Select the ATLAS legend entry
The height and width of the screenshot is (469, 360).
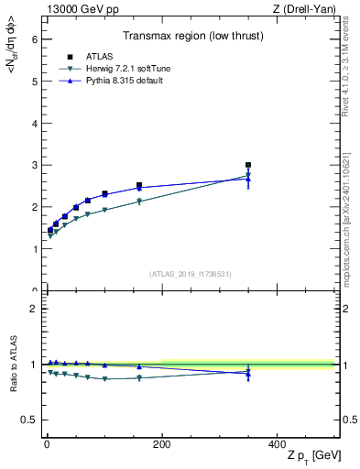pos(97,57)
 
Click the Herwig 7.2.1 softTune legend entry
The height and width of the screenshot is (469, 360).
pos(115,69)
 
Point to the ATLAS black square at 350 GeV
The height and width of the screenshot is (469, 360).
pos(248,165)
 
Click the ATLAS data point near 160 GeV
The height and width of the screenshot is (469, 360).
pos(139,185)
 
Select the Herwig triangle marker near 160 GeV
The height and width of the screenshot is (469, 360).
pos(139,202)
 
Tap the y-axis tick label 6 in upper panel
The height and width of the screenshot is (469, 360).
pos(33,39)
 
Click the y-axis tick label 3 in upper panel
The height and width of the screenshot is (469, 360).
pos(33,165)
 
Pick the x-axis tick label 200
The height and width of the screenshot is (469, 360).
pos(162,443)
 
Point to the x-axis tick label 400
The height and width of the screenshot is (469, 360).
pos(278,443)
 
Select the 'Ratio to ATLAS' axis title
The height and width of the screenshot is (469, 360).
pos(13,364)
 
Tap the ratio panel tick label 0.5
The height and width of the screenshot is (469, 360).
pos(29,420)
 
